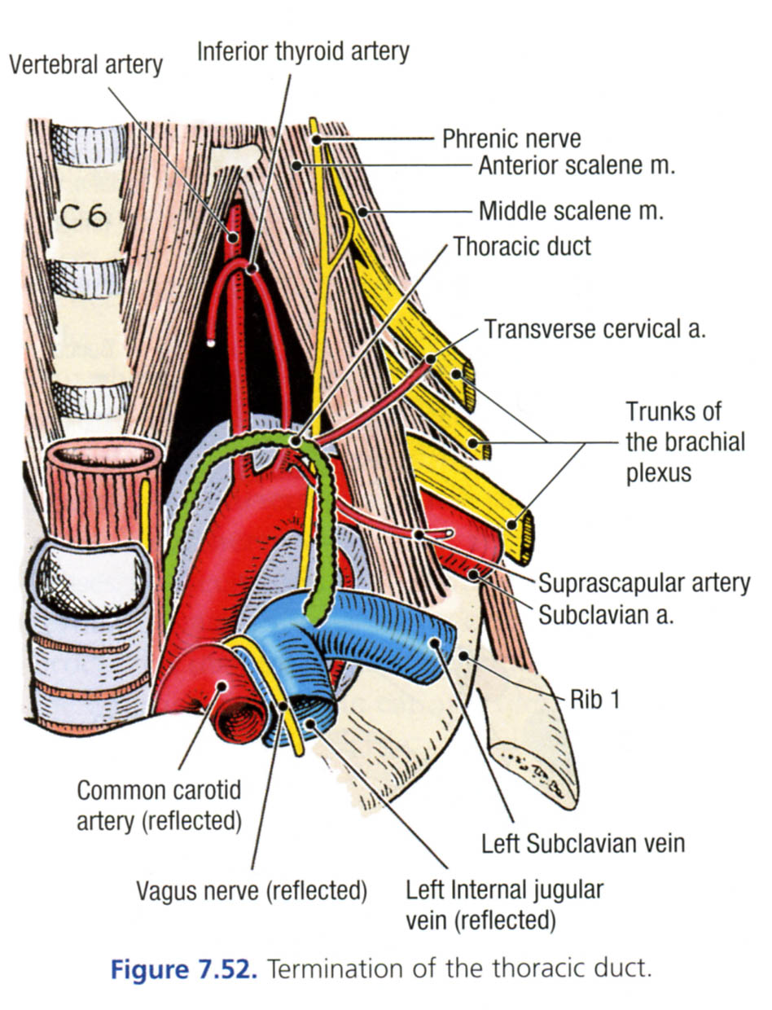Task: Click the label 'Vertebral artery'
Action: (x=86, y=64)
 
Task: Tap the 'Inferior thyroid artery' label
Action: (x=303, y=51)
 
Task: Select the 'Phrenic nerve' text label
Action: (x=511, y=138)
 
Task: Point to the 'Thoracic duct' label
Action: (x=522, y=245)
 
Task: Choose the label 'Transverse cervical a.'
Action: (x=594, y=329)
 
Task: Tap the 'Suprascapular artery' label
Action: (x=643, y=583)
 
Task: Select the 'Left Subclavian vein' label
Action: (x=582, y=842)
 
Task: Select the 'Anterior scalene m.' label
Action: (x=577, y=166)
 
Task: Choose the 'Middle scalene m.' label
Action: (x=571, y=212)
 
